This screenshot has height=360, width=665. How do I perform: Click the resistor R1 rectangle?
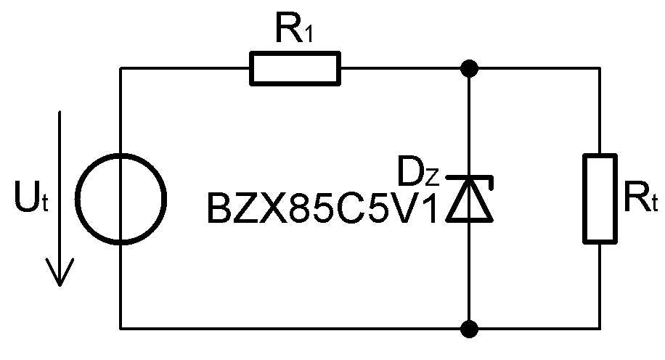click(x=294, y=68)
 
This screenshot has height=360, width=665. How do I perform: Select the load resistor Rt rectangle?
click(x=600, y=197)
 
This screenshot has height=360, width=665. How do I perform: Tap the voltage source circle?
click(x=121, y=197)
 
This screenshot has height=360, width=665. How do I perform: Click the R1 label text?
click(x=293, y=30)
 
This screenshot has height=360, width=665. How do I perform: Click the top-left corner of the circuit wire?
click(x=121, y=68)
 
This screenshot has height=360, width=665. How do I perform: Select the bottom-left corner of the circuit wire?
click(x=121, y=327)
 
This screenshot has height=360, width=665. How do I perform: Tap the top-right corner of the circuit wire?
click(x=600, y=68)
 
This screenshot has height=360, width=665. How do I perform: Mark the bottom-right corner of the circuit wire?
click(x=600, y=327)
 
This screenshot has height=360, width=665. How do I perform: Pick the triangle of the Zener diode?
click(x=471, y=205)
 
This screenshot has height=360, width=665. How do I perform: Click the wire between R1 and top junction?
click(x=403, y=68)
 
